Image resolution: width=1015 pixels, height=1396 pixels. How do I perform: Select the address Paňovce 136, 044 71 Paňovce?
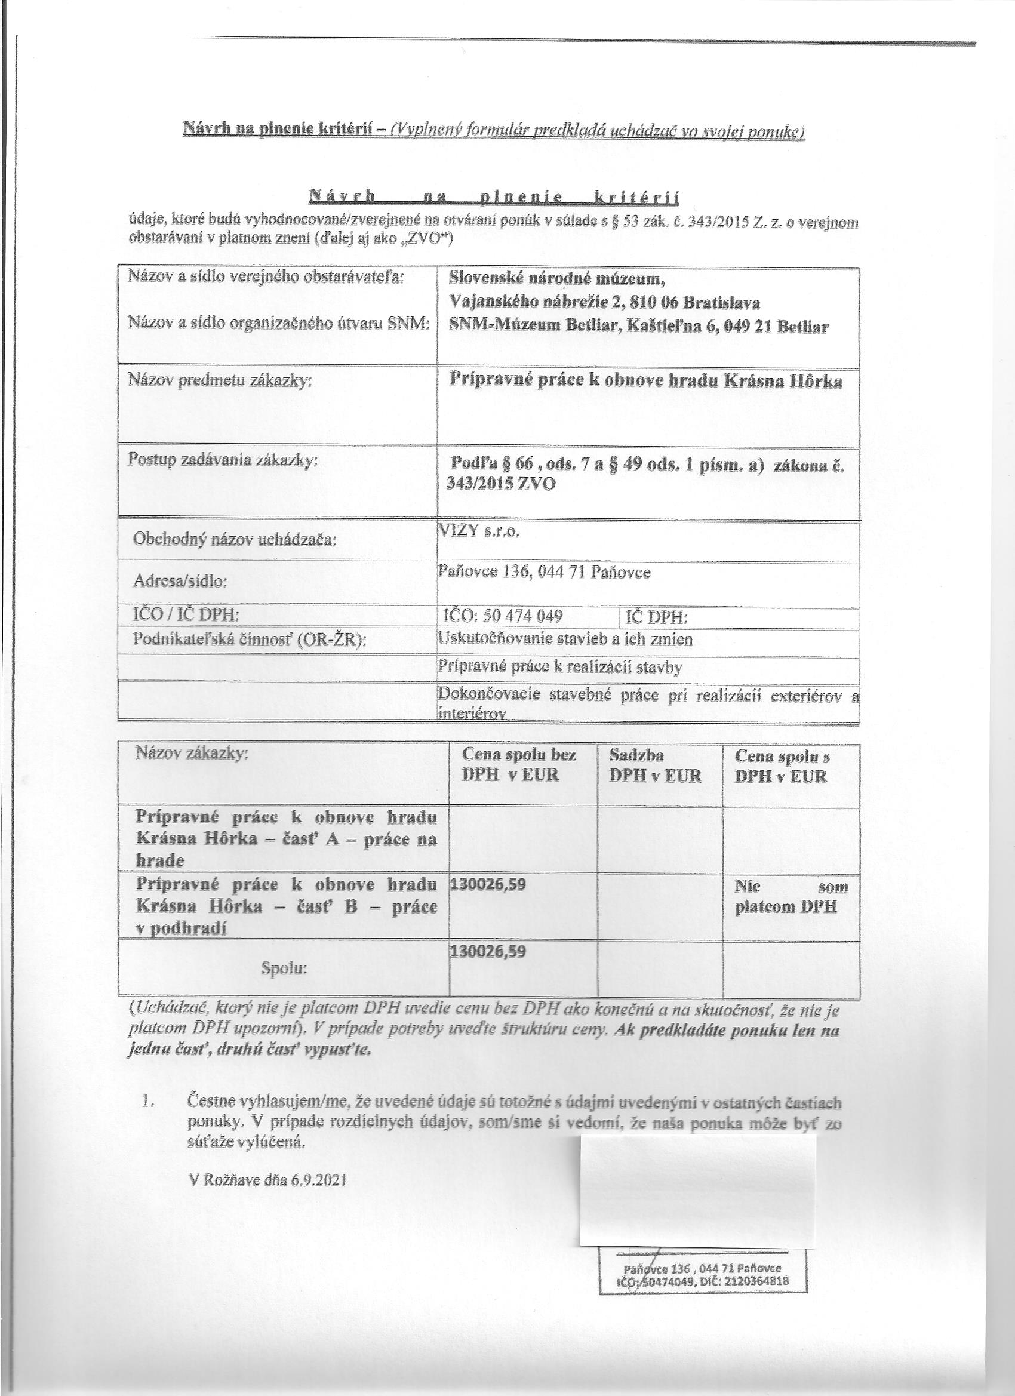pos(543,573)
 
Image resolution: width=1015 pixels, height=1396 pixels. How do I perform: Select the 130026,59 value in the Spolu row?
pos(488,952)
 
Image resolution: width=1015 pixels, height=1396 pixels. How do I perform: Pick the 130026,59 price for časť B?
pos(488,884)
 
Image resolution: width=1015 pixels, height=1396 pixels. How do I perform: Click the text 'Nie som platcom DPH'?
pos(791,896)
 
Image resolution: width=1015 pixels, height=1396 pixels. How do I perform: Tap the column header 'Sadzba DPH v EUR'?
pos(655,765)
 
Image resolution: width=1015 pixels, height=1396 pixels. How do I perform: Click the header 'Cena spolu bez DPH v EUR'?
pos(519,765)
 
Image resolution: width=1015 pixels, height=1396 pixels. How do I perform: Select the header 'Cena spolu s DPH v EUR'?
pos(782,765)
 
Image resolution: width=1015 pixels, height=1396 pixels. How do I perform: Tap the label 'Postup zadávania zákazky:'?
pos(223,460)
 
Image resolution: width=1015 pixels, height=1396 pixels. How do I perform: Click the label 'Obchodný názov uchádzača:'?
pos(235,540)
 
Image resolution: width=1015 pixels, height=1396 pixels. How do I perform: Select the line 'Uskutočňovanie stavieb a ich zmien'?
pos(564,639)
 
